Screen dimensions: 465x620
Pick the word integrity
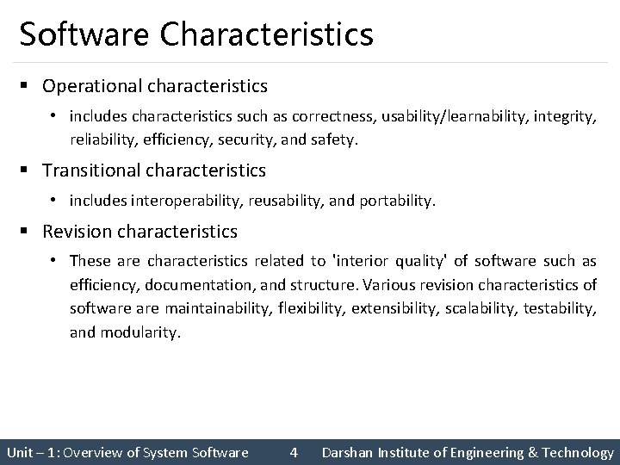pyautogui.click(x=563, y=115)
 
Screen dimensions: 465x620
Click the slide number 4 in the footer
pyautogui.click(x=294, y=452)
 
